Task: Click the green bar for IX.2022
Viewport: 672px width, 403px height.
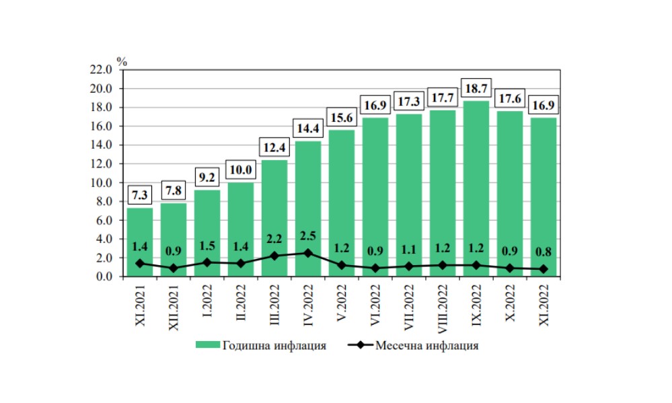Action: pyautogui.click(x=476, y=188)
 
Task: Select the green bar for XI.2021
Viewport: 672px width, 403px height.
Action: pyautogui.click(x=140, y=242)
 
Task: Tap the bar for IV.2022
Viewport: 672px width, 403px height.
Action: pyautogui.click(x=308, y=209)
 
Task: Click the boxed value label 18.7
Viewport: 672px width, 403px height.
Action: pyautogui.click(x=476, y=88)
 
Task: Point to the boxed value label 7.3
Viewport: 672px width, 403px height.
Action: pyautogui.click(x=140, y=195)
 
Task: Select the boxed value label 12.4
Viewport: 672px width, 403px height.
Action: pyautogui.click(x=274, y=147)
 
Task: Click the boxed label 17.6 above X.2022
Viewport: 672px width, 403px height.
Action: pyautogui.click(x=510, y=98)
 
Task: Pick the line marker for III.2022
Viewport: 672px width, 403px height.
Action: pyautogui.click(x=274, y=256)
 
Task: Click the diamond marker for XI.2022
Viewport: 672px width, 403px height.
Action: pyautogui.click(x=544, y=269)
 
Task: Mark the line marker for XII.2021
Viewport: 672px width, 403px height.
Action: pyautogui.click(x=174, y=268)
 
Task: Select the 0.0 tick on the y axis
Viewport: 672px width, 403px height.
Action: pyautogui.click(x=102, y=277)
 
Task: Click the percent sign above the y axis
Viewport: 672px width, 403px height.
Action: pyautogui.click(x=122, y=60)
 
